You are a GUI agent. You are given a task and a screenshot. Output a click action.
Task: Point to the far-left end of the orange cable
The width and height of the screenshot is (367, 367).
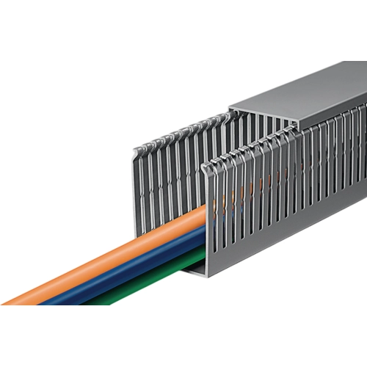(x=9, y=301)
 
